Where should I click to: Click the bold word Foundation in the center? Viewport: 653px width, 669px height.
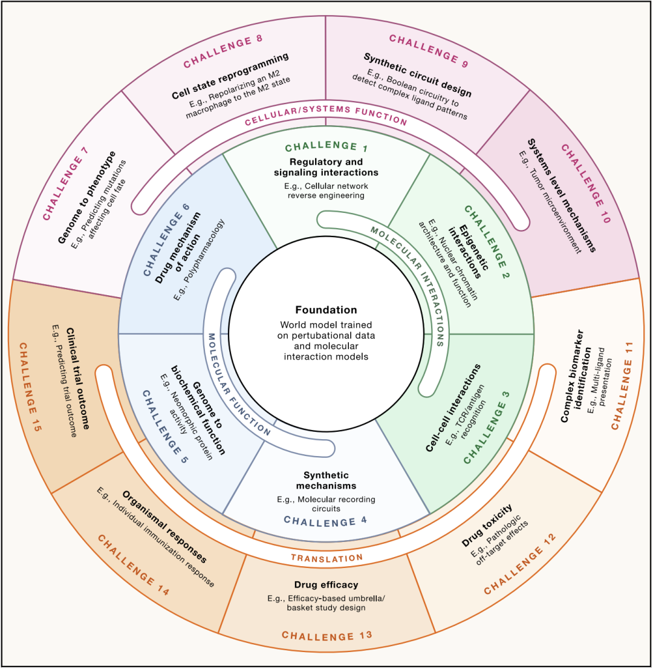326,310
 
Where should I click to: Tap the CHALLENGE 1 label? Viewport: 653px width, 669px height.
326,146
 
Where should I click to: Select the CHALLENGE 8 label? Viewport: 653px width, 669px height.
223,52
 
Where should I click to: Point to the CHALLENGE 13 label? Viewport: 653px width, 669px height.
326,636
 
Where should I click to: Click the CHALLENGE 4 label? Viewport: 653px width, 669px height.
325,521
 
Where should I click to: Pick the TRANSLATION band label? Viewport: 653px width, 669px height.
326,558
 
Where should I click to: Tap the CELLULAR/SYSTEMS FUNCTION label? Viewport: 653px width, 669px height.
326,115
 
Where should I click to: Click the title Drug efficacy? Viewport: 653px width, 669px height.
326,584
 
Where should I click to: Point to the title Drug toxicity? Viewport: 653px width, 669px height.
487,525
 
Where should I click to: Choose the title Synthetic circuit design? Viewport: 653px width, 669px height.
418,74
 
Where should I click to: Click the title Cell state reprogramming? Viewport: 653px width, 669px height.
230,76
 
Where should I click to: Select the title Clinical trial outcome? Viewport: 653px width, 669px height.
78,379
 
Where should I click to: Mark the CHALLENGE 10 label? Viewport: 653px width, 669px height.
586,183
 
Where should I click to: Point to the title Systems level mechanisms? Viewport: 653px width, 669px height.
561,195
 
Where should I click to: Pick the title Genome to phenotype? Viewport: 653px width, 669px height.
86,198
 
